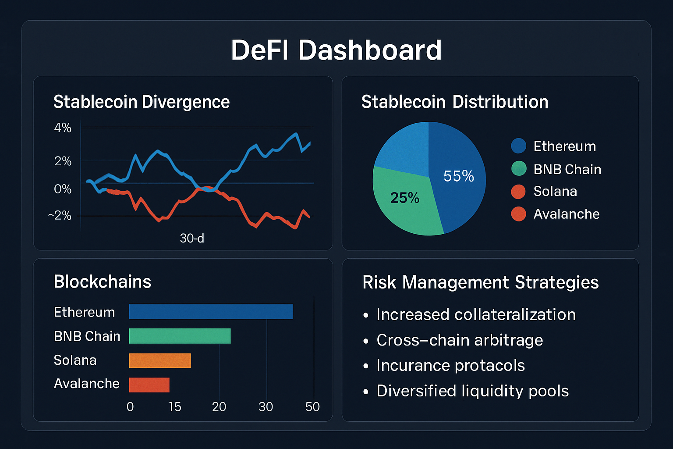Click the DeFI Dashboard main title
[336, 50]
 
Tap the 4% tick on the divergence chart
[63, 128]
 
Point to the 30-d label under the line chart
[192, 238]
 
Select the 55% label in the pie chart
[459, 176]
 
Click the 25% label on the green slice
[404, 198]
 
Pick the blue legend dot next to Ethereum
[518, 146]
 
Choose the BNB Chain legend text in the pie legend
[567, 169]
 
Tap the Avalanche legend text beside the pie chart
[566, 214]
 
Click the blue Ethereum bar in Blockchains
[211, 311]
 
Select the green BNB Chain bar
[180, 336]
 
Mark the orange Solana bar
[160, 360]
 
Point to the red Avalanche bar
[149, 385]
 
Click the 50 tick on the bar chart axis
[312, 407]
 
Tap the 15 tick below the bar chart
[175, 407]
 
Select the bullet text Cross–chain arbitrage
[459, 340]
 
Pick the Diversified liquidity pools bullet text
[472, 391]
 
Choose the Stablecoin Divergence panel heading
[142, 102]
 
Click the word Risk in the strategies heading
[379, 282]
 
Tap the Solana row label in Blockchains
[75, 360]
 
